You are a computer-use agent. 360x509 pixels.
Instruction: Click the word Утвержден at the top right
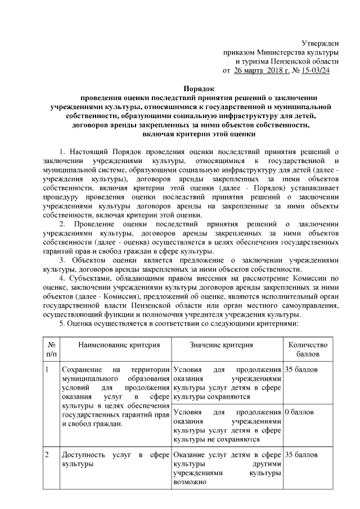320,43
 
